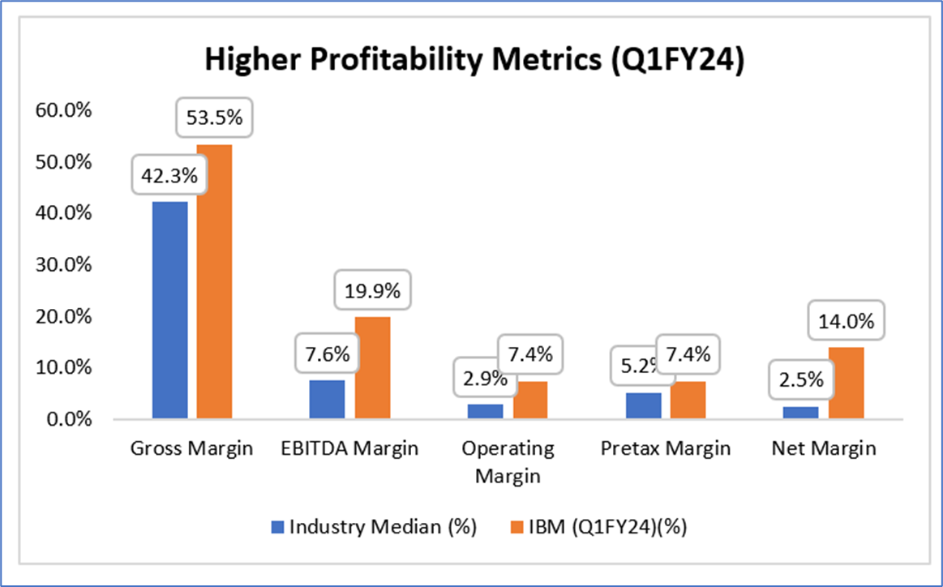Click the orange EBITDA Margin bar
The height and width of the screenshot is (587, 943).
(372, 368)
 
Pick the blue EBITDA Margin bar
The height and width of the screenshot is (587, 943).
(328, 399)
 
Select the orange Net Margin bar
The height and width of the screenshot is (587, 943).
(846, 383)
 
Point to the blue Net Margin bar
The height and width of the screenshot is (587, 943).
(801, 413)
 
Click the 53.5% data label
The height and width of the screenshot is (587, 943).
(214, 118)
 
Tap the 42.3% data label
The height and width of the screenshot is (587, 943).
(169, 175)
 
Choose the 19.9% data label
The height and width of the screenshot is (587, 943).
(372, 290)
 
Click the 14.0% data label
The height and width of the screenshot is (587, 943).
(846, 321)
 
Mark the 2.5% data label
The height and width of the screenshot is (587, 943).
(801, 379)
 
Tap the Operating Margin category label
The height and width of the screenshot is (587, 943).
(508, 461)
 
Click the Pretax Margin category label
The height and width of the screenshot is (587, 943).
(666, 448)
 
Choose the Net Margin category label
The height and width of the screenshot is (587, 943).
(823, 448)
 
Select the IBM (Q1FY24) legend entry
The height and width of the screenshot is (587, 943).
(601, 527)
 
